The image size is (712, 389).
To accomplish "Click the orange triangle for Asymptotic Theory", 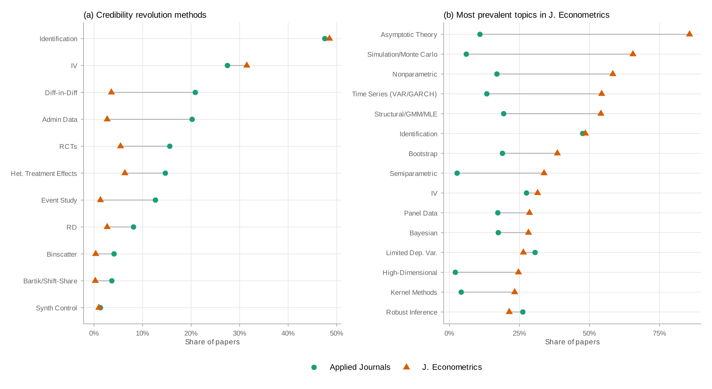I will (x=689, y=34).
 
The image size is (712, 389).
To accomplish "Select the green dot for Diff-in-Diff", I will (x=195, y=92).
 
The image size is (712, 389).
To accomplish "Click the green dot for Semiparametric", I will (x=457, y=173).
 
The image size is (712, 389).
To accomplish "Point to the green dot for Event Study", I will (x=155, y=200).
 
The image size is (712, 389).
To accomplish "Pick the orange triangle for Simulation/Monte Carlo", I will (x=633, y=54).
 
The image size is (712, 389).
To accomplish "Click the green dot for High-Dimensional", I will (x=455, y=272).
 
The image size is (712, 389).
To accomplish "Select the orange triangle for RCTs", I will (x=120, y=146).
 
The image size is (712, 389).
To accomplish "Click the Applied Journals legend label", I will (x=360, y=367).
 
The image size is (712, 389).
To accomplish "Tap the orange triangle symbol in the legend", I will (x=406, y=367).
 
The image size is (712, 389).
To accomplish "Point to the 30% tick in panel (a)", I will (x=239, y=333).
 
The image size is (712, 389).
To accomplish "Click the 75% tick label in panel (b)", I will (x=659, y=333).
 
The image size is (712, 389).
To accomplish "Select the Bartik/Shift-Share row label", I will (x=50, y=281).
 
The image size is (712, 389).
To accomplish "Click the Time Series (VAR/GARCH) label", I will (x=394, y=94).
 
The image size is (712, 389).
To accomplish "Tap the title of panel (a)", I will (x=145, y=15).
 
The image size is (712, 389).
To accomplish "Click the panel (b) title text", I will (x=526, y=15).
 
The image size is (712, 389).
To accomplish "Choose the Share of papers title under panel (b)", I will (x=572, y=342).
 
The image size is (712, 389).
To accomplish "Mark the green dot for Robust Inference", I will (x=523, y=312).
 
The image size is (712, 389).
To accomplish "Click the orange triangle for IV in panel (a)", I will (x=247, y=65).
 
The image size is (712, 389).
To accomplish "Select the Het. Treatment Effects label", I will (x=44, y=173).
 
